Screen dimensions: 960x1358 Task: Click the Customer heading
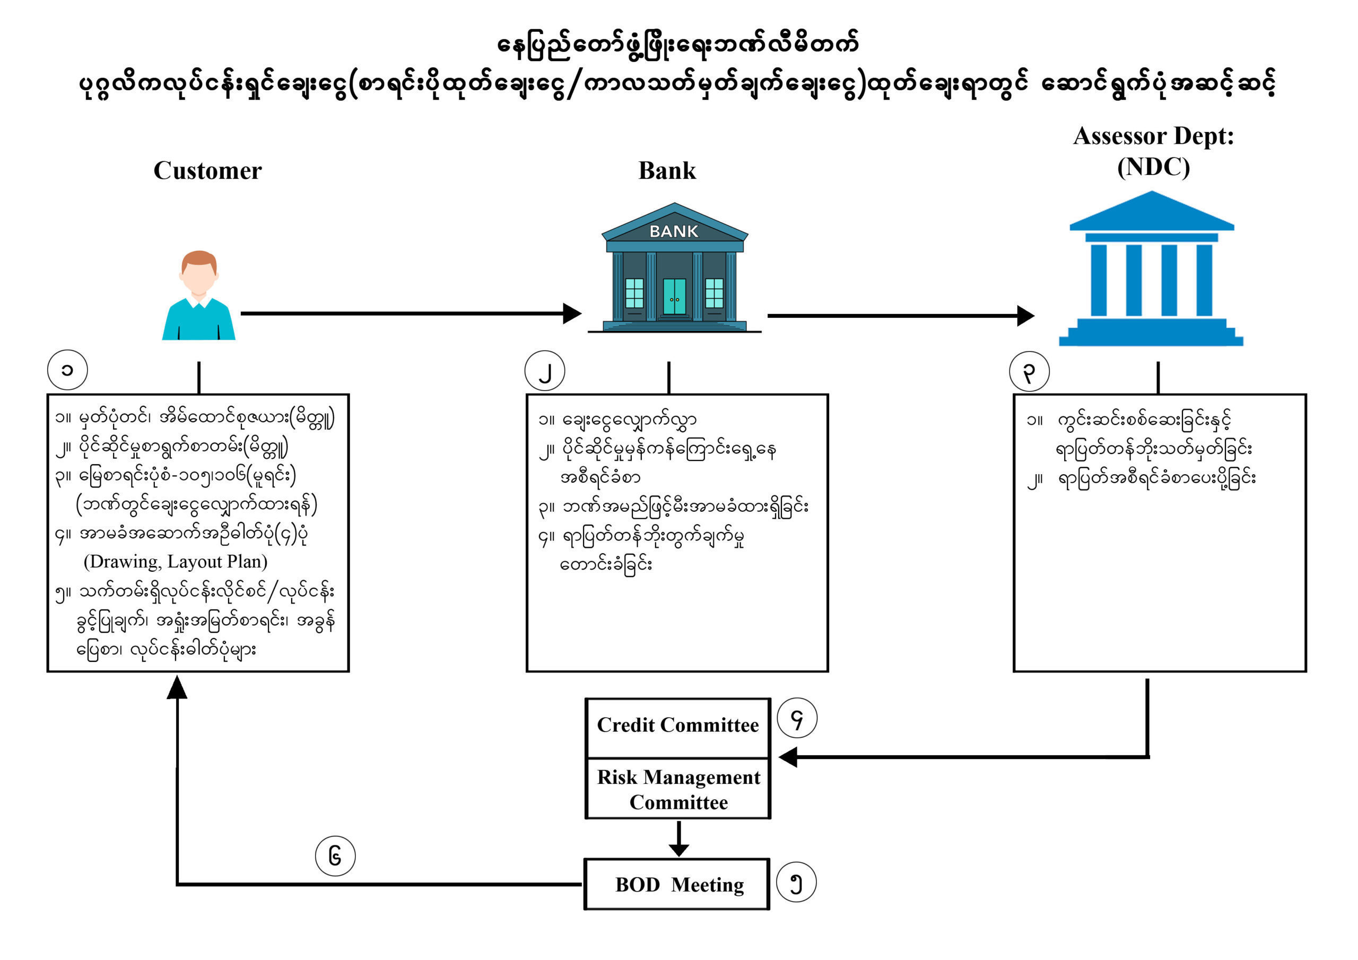tap(207, 170)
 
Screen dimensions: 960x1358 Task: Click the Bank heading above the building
tap(667, 170)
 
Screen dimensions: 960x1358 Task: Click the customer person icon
tap(199, 296)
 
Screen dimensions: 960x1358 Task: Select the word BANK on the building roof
tap(674, 231)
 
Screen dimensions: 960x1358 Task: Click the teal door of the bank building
tap(674, 297)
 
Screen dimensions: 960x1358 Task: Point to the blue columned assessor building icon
tap(1152, 269)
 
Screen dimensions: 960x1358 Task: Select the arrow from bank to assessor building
tap(899, 316)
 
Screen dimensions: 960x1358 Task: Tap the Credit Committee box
tap(678, 726)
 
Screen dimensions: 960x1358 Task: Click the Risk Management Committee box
tap(678, 789)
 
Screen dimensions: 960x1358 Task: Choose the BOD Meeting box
tap(677, 885)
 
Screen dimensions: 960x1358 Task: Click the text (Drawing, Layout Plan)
tap(176, 561)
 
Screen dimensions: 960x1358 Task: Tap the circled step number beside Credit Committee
tap(797, 719)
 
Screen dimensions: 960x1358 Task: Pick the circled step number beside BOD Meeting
tap(796, 883)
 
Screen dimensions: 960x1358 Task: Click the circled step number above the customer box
tap(67, 370)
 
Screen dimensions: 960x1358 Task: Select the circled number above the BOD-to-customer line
tap(335, 856)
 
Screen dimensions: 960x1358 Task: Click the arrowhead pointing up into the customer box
tap(177, 687)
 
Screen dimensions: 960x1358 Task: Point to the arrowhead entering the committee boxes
tap(788, 757)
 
